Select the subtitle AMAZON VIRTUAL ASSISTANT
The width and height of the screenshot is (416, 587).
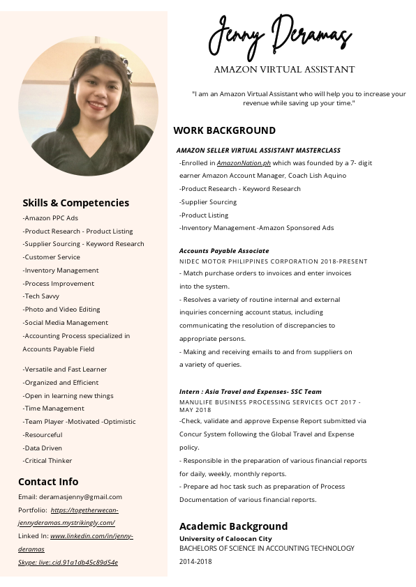point(284,70)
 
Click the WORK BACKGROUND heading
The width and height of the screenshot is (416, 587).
point(224,130)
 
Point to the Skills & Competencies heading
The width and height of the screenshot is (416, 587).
point(75,203)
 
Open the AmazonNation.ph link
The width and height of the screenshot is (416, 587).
point(244,162)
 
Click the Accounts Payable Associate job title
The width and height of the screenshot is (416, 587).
point(224,250)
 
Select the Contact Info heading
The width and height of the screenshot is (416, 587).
point(48,482)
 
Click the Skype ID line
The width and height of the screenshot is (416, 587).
point(68,563)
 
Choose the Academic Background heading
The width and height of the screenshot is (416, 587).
point(233,526)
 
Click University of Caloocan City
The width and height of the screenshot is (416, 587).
point(225,539)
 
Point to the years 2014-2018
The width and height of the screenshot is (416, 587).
point(195,561)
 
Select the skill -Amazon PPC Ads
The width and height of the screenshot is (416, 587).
point(50,218)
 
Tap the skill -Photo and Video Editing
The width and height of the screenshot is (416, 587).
point(61,310)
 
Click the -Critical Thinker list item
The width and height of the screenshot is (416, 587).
point(47,461)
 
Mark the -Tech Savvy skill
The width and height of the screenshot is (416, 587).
point(41,296)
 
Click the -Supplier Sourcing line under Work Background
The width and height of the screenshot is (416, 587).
point(208,202)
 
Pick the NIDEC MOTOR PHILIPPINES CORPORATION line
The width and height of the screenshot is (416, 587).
point(273,261)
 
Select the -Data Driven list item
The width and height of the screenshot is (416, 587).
point(43,448)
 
